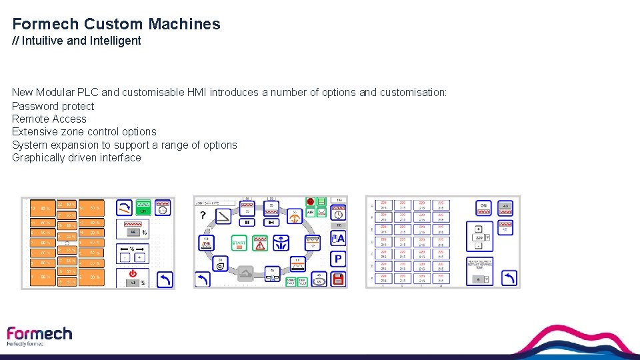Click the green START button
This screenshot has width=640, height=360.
click(239, 244)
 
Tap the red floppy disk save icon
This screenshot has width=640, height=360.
click(338, 279)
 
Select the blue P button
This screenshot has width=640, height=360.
click(338, 259)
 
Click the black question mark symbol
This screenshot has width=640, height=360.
click(203, 215)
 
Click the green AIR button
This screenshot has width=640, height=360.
click(311, 213)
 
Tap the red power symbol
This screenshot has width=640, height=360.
click(133, 273)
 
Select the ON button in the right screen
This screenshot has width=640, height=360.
click(485, 207)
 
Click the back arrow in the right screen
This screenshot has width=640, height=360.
click(509, 277)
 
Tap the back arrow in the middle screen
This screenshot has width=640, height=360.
click(203, 279)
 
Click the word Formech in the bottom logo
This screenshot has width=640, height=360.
click(39, 333)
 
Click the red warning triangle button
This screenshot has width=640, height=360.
click(259, 244)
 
